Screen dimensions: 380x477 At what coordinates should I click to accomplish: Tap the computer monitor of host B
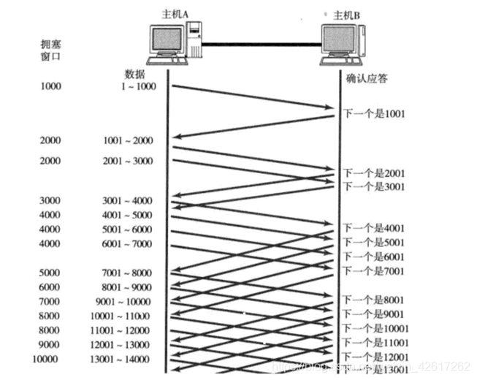click(341, 42)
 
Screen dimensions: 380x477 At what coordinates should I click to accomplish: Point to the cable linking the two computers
click(262, 45)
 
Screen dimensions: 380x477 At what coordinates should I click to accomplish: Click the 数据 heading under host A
click(137, 74)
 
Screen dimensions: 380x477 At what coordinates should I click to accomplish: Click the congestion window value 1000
click(52, 87)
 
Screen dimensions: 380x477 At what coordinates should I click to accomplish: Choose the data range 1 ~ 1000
click(138, 87)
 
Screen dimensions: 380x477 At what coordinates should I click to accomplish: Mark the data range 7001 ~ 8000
click(129, 273)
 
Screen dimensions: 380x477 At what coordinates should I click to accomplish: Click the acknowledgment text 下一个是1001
click(373, 114)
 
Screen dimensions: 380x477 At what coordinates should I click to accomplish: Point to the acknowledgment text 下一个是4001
click(373, 227)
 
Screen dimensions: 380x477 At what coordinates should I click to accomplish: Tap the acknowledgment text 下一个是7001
click(373, 270)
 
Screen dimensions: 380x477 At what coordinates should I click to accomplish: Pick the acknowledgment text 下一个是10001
click(375, 327)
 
